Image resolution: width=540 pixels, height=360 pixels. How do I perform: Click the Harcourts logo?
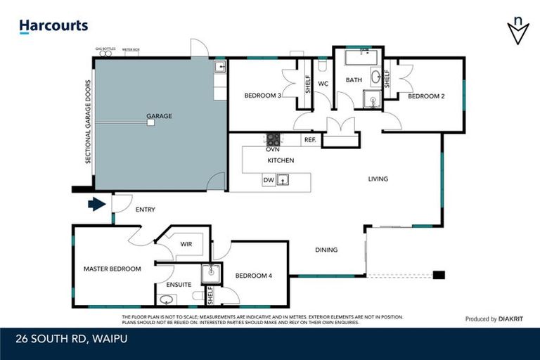[53, 26]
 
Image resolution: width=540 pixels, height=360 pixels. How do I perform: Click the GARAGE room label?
[159, 116]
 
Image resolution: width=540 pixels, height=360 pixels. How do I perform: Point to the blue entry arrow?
[96, 205]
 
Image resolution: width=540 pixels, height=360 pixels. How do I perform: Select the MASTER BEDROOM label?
[112, 269]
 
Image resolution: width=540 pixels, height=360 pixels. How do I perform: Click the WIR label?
[186, 244]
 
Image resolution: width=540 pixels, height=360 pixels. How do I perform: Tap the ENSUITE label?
[179, 285]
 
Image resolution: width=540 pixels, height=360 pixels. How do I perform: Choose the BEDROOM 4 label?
[254, 276]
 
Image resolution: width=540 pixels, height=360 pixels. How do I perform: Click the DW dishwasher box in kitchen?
[268, 181]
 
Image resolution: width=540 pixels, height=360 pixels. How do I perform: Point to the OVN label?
[273, 149]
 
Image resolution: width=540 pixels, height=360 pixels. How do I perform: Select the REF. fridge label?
[310, 140]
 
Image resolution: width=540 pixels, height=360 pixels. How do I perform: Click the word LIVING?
[378, 179]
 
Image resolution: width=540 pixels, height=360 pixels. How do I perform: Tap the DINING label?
[326, 250]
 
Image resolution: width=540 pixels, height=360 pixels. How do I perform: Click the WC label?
[323, 84]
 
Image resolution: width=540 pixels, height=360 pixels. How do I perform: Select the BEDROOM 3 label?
[263, 95]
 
